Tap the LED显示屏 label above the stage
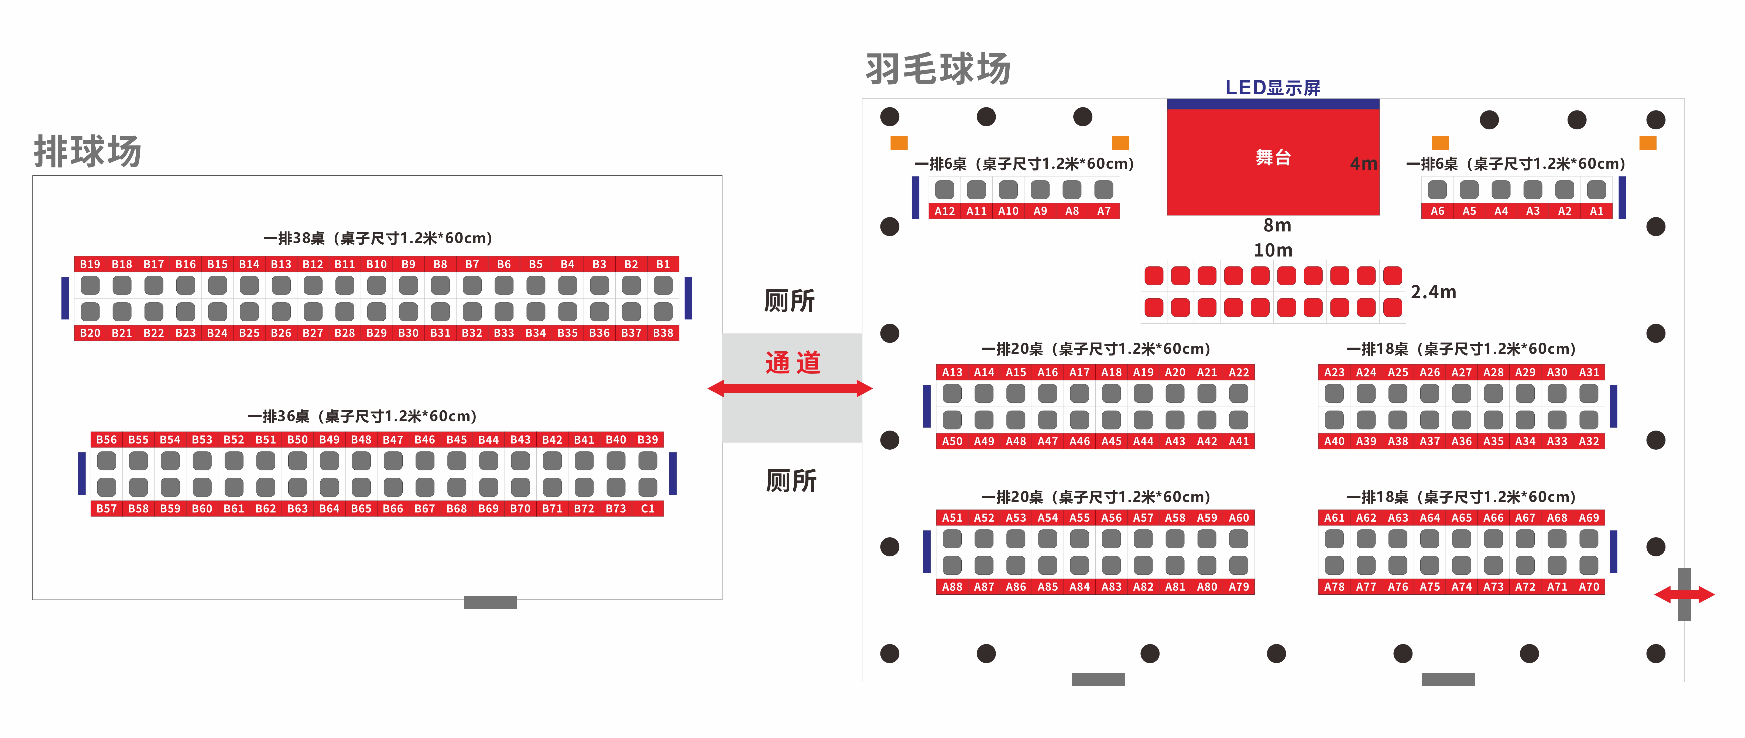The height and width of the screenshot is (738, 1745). click(x=1272, y=87)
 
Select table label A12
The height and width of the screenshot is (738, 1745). click(x=944, y=211)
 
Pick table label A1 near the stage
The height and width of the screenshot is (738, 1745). click(x=1596, y=211)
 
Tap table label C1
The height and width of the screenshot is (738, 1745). click(x=648, y=508)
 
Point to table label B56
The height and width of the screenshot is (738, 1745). click(x=106, y=439)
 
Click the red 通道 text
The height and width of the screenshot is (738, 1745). click(x=793, y=363)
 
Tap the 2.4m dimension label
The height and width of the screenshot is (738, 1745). click(x=1433, y=292)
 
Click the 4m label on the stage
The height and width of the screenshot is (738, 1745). click(x=1363, y=164)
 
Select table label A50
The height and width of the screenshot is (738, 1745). click(x=952, y=441)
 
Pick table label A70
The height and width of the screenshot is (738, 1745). click(x=1589, y=587)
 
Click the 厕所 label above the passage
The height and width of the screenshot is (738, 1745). click(x=789, y=301)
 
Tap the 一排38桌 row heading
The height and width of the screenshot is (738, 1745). click(x=377, y=238)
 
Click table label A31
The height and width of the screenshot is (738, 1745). click(x=1589, y=372)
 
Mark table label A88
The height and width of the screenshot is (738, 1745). click(x=952, y=587)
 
